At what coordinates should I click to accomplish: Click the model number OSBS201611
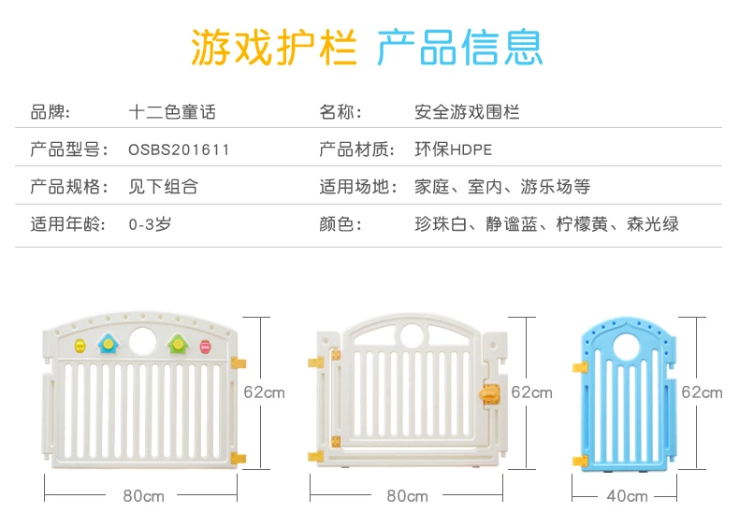tap(179, 150)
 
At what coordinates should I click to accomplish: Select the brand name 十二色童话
tap(172, 112)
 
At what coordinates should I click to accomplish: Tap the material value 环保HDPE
tap(453, 150)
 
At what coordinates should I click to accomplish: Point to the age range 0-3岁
tap(150, 224)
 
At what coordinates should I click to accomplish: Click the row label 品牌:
tap(51, 112)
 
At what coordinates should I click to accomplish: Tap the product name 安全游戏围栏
tap(467, 112)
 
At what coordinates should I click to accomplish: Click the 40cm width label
tap(627, 496)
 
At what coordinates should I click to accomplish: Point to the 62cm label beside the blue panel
tap(702, 392)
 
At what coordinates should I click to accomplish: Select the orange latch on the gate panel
tap(485, 395)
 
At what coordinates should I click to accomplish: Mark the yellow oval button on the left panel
tap(80, 347)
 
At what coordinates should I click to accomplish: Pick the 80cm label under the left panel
tap(143, 496)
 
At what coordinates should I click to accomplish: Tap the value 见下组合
tap(163, 187)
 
